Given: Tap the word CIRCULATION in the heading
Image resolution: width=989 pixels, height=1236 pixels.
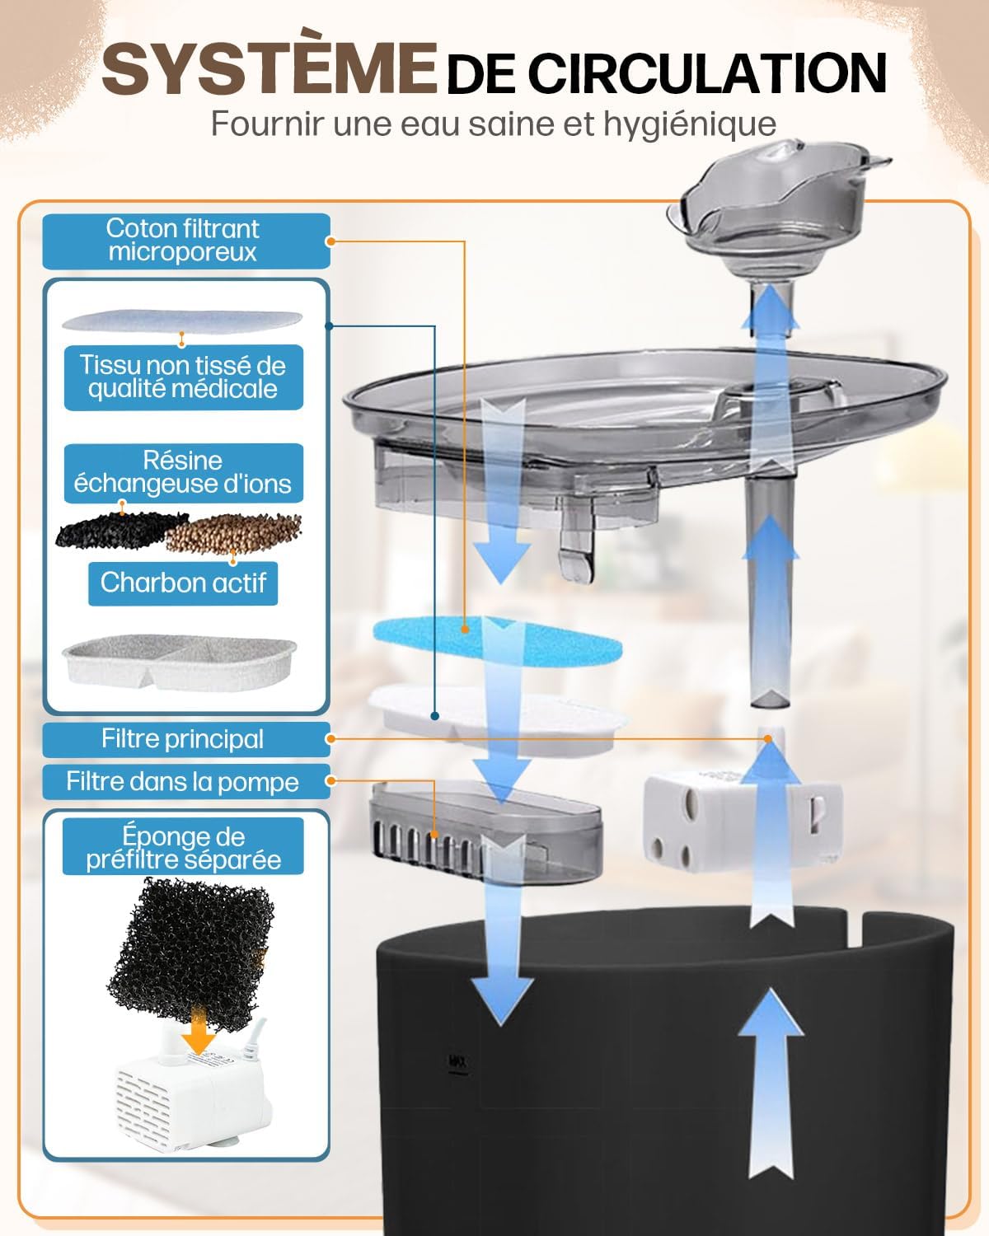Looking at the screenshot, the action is tap(707, 73).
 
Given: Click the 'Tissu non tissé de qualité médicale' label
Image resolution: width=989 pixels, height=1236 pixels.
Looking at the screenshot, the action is tap(183, 377).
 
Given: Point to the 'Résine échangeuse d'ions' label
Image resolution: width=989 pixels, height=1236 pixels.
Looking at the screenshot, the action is tap(183, 473).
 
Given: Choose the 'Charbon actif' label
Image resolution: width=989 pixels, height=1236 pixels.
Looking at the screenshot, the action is tap(183, 583).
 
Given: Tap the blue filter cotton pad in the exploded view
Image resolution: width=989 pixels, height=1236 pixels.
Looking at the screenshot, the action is tap(498, 640).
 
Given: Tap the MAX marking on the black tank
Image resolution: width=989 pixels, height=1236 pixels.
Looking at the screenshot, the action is tap(457, 1061).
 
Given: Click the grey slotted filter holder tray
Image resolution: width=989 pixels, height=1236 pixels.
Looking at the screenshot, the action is tap(486, 833).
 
